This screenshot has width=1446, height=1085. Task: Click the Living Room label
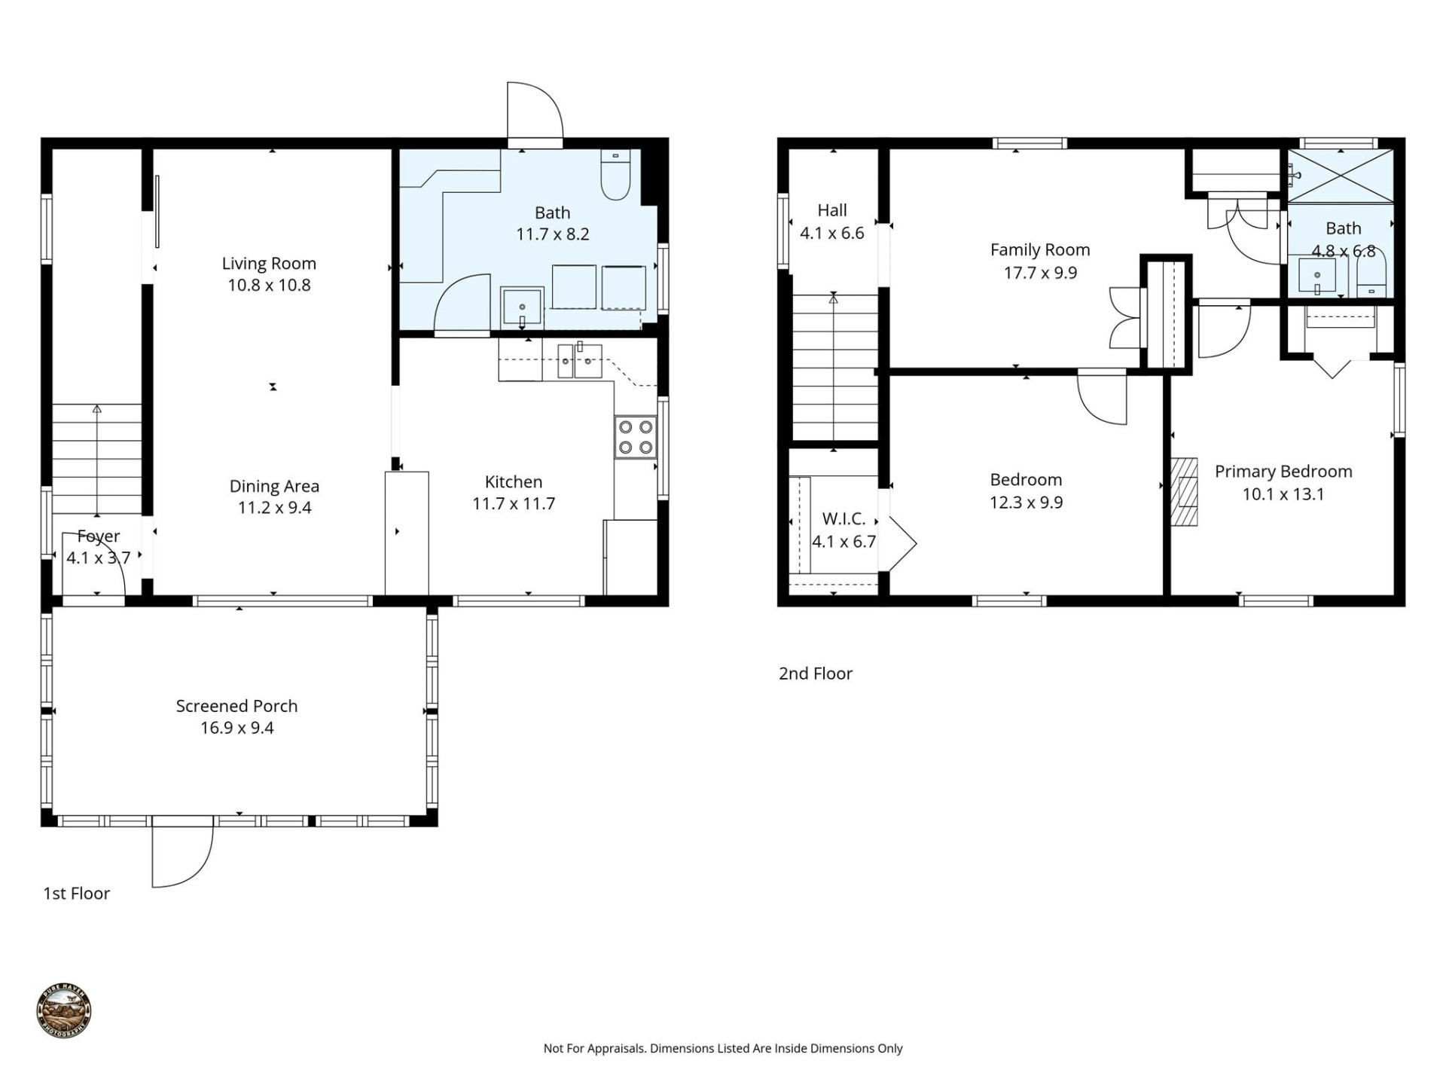pyautogui.click(x=269, y=264)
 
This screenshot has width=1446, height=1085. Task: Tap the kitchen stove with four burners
pyautogui.click(x=636, y=437)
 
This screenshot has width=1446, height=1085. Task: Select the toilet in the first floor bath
pyautogui.click(x=616, y=175)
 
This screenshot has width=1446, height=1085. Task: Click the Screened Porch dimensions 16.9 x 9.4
pyautogui.click(x=236, y=728)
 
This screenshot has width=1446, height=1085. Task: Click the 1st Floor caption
pyautogui.click(x=76, y=894)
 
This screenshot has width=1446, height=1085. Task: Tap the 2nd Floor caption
pyautogui.click(x=815, y=674)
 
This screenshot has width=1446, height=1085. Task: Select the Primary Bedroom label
pyautogui.click(x=1283, y=472)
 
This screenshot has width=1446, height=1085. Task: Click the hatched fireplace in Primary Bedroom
pyautogui.click(x=1184, y=491)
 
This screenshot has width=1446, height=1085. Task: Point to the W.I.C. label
pyautogui.click(x=843, y=518)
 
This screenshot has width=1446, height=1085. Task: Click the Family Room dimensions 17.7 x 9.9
pyautogui.click(x=1040, y=273)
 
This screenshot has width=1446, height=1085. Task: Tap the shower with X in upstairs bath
pyautogui.click(x=1341, y=176)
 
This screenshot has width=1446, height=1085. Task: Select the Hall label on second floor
pyautogui.click(x=832, y=211)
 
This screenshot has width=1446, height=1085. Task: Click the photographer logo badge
pyautogui.click(x=64, y=1011)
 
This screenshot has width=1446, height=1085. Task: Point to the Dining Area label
pyautogui.click(x=274, y=487)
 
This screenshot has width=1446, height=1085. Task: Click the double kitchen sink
pyautogui.click(x=579, y=361)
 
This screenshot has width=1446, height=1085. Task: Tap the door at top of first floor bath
pyautogui.click(x=535, y=113)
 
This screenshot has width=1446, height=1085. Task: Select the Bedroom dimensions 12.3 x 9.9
pyautogui.click(x=1026, y=503)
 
